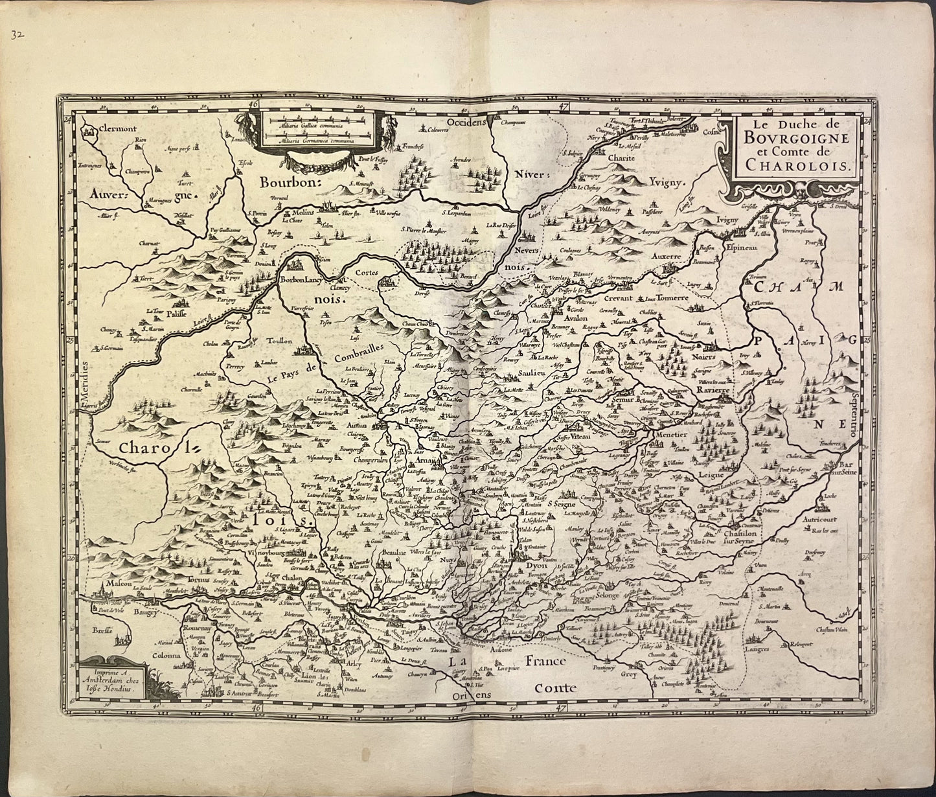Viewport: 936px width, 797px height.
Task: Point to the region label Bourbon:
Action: coord(290,182)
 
